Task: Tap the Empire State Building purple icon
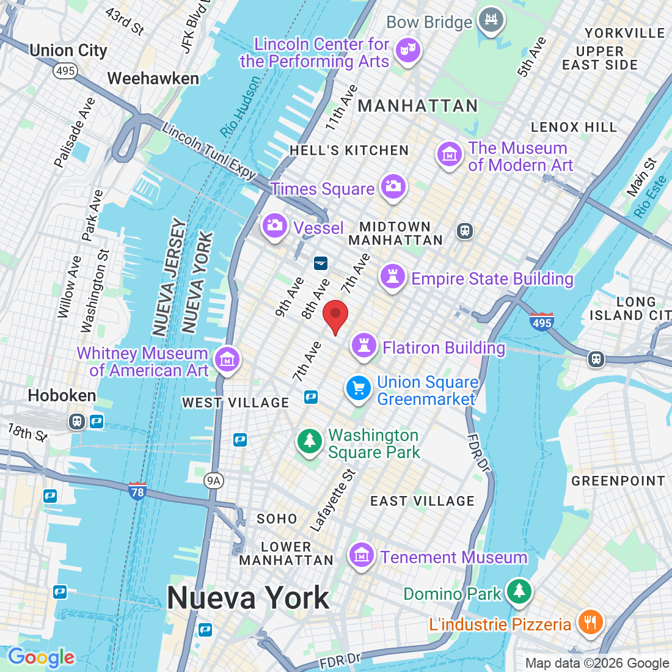coord(393,277)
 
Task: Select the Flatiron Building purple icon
coord(364,345)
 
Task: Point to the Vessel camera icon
coord(274,226)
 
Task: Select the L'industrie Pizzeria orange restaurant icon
coord(590,623)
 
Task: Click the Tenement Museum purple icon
coord(362,555)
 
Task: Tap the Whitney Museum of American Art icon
coord(227,360)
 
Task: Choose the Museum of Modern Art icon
coord(450,155)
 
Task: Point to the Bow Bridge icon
coord(490,20)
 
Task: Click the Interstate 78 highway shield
coord(137,491)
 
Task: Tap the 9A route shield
coord(213,481)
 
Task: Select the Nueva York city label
coord(248,597)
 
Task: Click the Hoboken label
coord(62,395)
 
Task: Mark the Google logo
coord(41,657)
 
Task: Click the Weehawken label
coord(153,78)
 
